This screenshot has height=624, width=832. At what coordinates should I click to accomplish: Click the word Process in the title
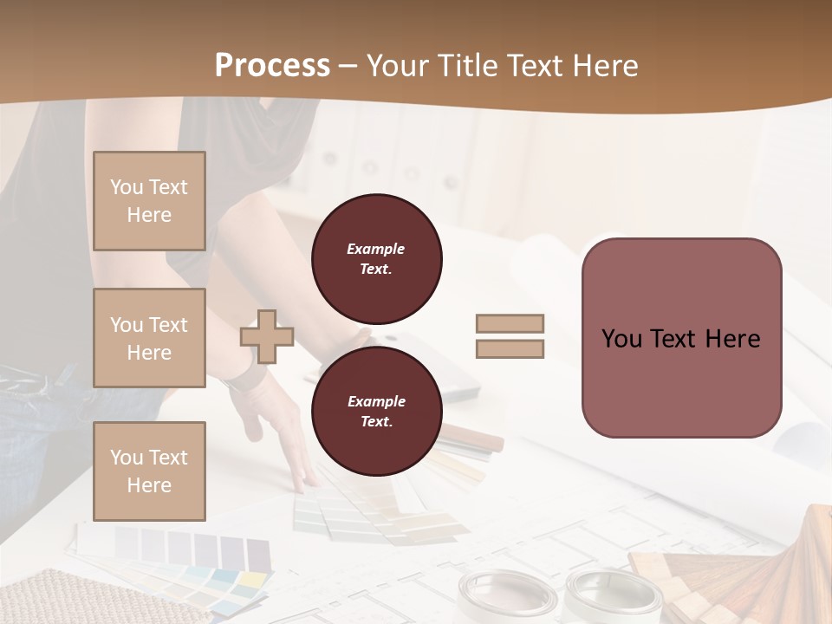click(x=272, y=66)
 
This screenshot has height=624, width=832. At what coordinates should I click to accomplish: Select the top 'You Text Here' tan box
click(x=149, y=201)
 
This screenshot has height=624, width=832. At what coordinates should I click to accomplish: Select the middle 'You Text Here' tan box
click(x=149, y=338)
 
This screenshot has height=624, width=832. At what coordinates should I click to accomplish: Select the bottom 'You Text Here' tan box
click(x=149, y=471)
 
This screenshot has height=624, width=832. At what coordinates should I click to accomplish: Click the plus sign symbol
click(x=267, y=336)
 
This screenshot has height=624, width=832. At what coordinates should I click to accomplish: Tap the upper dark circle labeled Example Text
click(x=377, y=259)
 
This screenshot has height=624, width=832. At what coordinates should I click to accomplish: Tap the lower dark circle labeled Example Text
click(x=377, y=412)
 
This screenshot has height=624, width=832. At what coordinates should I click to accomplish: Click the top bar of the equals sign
click(x=510, y=324)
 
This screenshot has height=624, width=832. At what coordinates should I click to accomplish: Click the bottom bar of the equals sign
click(x=510, y=349)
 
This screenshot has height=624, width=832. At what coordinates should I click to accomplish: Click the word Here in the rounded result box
click(x=732, y=339)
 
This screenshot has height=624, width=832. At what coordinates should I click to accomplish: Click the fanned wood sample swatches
click(x=745, y=572)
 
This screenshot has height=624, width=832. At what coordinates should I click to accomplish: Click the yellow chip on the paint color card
click(x=251, y=579)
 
